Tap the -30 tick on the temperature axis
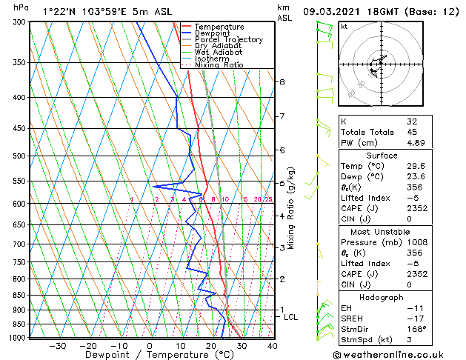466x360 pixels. click(57, 345)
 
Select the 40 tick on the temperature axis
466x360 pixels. click(273, 345)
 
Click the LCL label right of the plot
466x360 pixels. click(291, 317)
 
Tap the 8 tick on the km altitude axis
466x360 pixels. click(282, 81)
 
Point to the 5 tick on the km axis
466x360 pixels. click(282, 183)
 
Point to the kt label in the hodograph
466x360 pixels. click(344, 27)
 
